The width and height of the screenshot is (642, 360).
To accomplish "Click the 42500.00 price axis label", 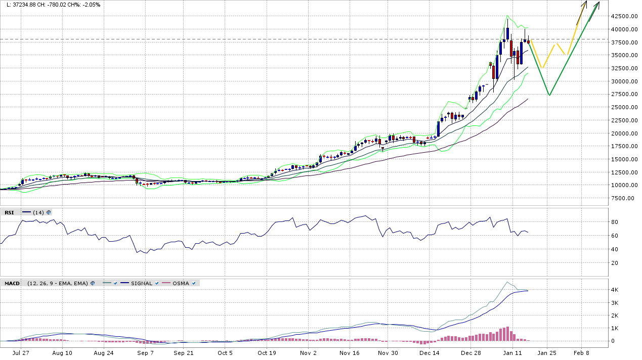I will click(623, 16).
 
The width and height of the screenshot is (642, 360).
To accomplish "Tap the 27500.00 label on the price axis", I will click(623, 95).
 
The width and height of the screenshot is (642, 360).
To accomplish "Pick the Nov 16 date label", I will click(349, 353).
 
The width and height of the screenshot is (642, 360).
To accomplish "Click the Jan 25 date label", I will click(547, 353).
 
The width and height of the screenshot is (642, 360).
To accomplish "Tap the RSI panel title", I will click(9, 212).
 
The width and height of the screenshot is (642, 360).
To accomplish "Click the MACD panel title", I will click(12, 283).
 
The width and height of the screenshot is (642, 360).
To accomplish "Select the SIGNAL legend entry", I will click(141, 283).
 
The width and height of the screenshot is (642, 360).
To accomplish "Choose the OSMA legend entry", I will click(181, 283).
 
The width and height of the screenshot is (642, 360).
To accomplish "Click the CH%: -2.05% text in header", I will click(85, 5).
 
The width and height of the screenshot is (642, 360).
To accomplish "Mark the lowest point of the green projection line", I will click(549, 95).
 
